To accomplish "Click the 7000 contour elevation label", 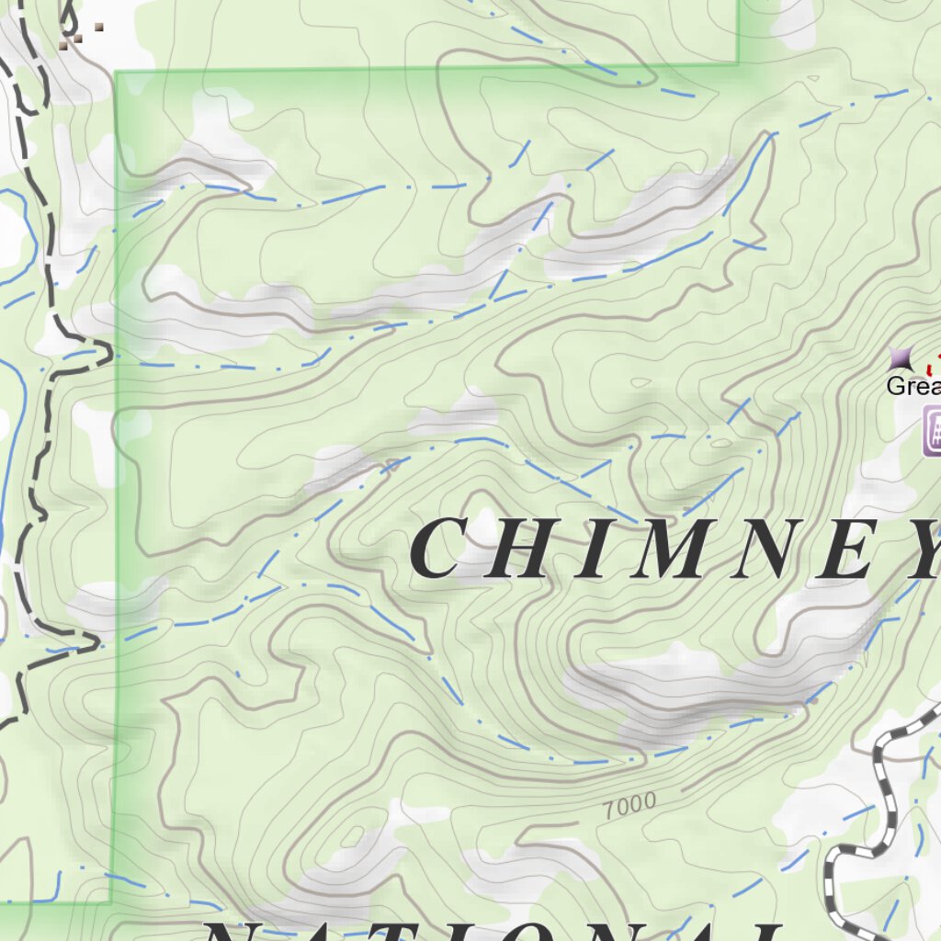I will pos(630,806).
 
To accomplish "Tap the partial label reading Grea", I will pos(912,386).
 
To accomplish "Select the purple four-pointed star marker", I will pos(901,357).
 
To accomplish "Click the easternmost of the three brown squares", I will pos(97,27).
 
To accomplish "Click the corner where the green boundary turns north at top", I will pos(738,63).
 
